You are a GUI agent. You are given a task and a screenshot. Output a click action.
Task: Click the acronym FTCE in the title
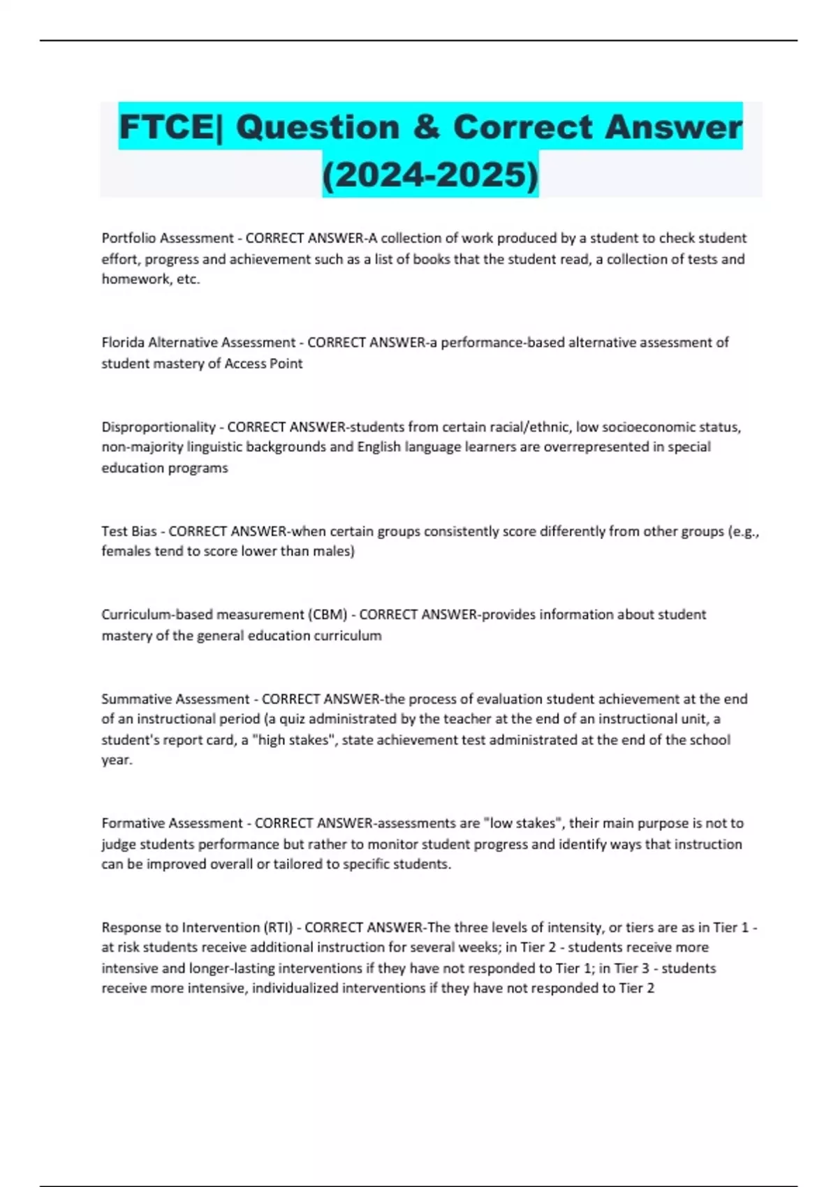166,127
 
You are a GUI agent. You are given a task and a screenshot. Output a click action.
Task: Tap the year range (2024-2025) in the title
430,175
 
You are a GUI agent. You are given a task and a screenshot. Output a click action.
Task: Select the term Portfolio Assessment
168,238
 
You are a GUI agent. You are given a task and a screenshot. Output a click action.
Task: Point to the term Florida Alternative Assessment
198,343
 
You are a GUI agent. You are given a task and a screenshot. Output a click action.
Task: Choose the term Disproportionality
159,427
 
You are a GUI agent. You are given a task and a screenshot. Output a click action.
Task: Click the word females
126,552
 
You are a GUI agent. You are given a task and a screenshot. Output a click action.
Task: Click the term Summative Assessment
175,699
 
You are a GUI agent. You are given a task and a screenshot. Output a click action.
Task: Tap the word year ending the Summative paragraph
116,760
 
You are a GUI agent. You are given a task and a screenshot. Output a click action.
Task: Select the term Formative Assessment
172,823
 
